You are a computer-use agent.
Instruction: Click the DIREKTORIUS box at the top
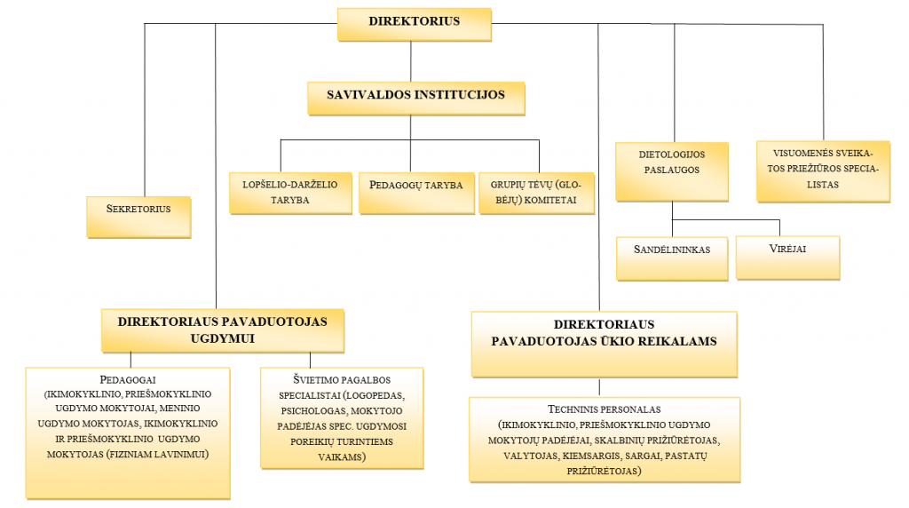point(414,24)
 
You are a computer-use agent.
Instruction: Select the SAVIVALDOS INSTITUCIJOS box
point(416,99)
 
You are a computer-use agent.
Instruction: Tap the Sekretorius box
point(138,217)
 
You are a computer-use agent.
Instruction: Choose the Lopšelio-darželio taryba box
point(290,193)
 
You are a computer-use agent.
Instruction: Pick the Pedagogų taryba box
point(416,193)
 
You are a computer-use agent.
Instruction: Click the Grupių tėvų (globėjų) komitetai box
point(536,193)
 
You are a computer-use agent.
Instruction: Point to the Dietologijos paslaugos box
point(672,171)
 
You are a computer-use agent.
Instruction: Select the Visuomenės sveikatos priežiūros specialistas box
point(823,171)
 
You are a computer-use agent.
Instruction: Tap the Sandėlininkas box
point(672,258)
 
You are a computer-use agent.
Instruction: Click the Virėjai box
point(788,258)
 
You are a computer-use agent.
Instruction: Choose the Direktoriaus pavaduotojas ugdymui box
point(223,330)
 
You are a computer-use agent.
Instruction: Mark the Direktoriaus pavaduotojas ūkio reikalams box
point(604,345)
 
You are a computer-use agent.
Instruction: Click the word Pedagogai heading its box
point(128,380)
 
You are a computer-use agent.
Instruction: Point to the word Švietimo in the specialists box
point(317,380)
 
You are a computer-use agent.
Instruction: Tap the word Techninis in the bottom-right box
point(571,409)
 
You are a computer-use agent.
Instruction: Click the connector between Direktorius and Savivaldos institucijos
point(411,61)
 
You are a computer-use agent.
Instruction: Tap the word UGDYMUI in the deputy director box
point(223,338)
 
